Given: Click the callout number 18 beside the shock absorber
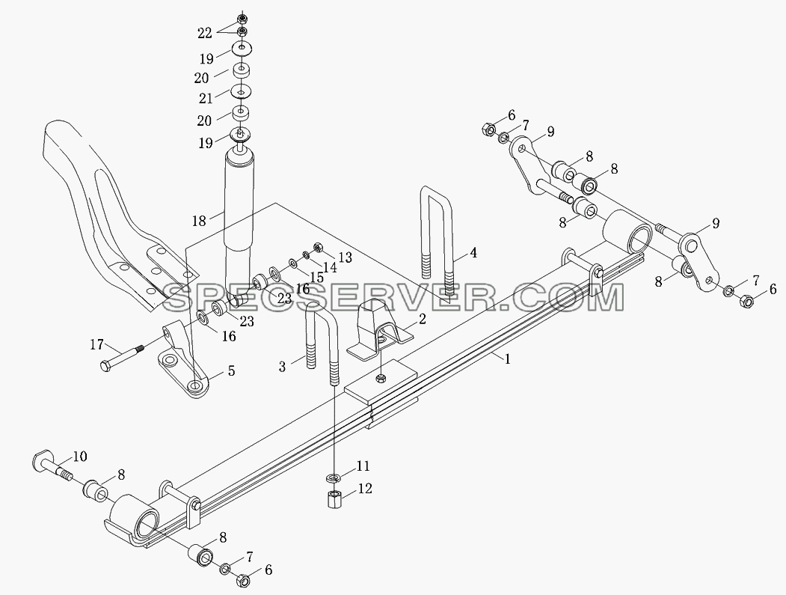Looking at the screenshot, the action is pyautogui.click(x=198, y=220).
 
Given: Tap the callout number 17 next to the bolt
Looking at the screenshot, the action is pyautogui.click(x=96, y=345).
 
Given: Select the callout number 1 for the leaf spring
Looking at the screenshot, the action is pyautogui.click(x=507, y=359).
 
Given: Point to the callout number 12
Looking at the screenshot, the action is pyautogui.click(x=364, y=488).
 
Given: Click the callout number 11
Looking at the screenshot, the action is pyautogui.click(x=363, y=466).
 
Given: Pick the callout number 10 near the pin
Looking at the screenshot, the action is pyautogui.click(x=80, y=456).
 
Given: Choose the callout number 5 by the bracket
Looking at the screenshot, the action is pyautogui.click(x=231, y=370).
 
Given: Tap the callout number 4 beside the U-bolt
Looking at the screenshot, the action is pyautogui.click(x=473, y=253).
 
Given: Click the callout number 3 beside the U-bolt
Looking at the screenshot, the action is pyautogui.click(x=283, y=367).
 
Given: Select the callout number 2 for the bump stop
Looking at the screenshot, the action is pyautogui.click(x=422, y=319).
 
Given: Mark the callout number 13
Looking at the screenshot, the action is pyautogui.click(x=345, y=257).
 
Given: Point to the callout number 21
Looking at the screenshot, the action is pyautogui.click(x=206, y=98).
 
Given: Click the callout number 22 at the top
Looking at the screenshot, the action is pyautogui.click(x=204, y=33).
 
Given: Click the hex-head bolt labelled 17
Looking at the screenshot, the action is pyautogui.click(x=123, y=357).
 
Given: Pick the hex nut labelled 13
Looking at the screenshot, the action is pyautogui.click(x=318, y=247).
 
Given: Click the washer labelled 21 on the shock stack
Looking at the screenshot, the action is pyautogui.click(x=241, y=92).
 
